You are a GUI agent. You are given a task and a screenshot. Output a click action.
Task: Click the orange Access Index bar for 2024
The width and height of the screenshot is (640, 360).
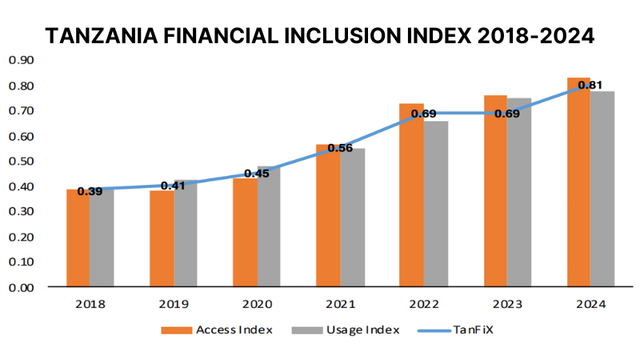tap(578, 184)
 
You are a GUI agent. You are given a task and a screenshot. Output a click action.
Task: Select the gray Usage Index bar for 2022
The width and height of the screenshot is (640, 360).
tap(436, 206)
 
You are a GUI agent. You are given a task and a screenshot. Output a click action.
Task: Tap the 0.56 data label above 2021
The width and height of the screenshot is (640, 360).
tap(338, 149)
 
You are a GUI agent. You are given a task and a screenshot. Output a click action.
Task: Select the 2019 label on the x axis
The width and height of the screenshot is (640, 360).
tap(172, 305)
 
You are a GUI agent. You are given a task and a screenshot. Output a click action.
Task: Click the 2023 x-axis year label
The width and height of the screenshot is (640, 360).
tap(506, 305)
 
